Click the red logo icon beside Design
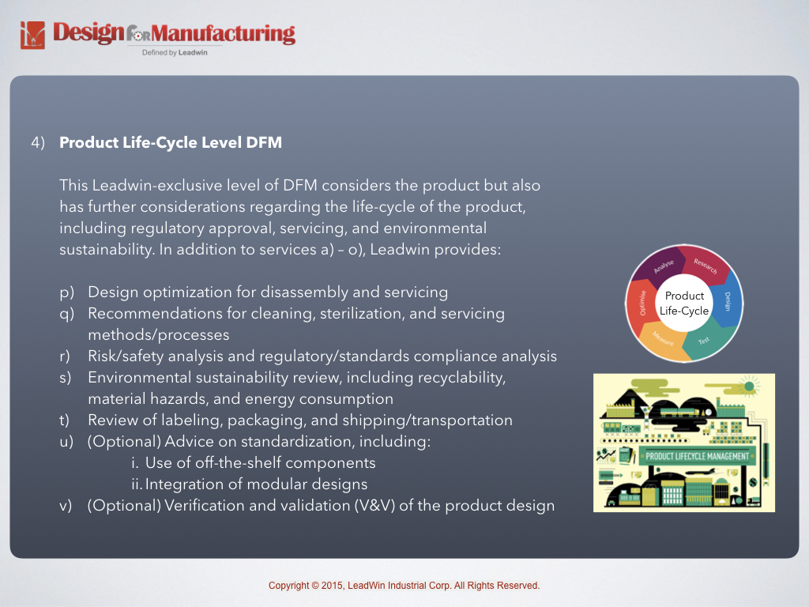tap(32, 36)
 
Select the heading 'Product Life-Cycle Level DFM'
tap(171, 143)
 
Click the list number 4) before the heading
tap(37, 143)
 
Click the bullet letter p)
tap(66, 292)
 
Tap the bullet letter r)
tap(66, 356)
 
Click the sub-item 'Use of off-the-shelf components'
tap(260, 463)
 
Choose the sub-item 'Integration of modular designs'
tap(256, 484)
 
